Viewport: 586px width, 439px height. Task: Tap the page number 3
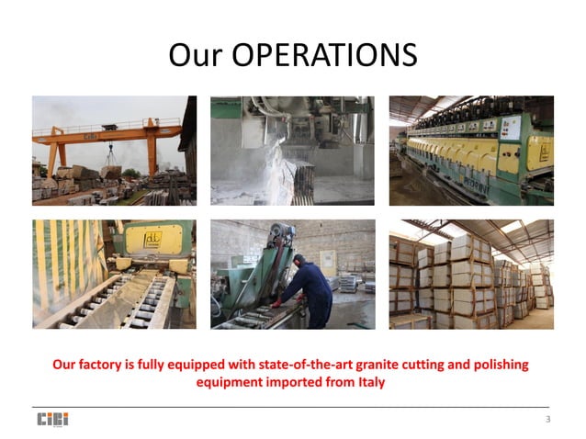(x=547, y=420)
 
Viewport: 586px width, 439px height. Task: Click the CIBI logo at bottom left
(x=52, y=420)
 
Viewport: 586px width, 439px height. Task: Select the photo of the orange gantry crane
(x=114, y=150)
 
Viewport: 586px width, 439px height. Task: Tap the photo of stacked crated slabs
(x=471, y=274)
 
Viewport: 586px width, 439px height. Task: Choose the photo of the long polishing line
(x=471, y=150)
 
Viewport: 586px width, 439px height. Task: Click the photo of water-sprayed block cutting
(x=292, y=150)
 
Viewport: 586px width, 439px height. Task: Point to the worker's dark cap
(x=298, y=261)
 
